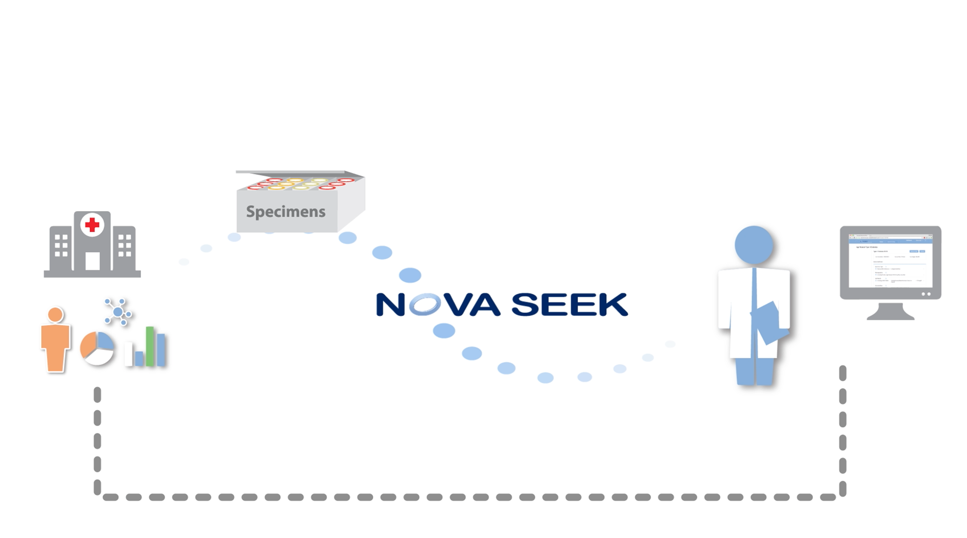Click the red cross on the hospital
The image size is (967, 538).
tap(92, 225)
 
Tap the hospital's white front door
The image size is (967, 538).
tap(92, 261)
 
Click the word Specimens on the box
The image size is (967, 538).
tap(286, 212)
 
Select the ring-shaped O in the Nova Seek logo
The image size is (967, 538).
tap(425, 304)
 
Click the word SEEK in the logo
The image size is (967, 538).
tap(570, 304)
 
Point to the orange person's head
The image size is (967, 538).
tap(55, 315)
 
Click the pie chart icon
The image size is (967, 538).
tap(97, 348)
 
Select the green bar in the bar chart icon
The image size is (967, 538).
tap(150, 346)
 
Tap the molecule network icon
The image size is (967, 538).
tap(118, 312)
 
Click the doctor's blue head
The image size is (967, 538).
tap(753, 245)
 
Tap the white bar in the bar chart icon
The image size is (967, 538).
tap(129, 354)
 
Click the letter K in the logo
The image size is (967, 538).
tap(612, 304)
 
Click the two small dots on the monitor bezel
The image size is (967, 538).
tap(926, 294)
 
